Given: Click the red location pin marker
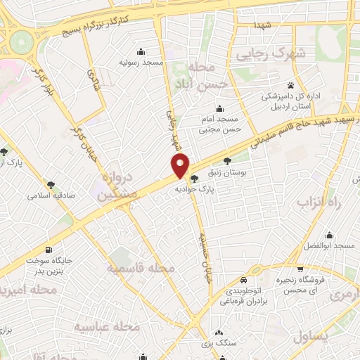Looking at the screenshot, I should click(181, 167).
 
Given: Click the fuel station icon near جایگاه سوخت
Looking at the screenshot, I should click(48, 250).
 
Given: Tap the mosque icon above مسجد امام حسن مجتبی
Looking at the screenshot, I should click(219, 108).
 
